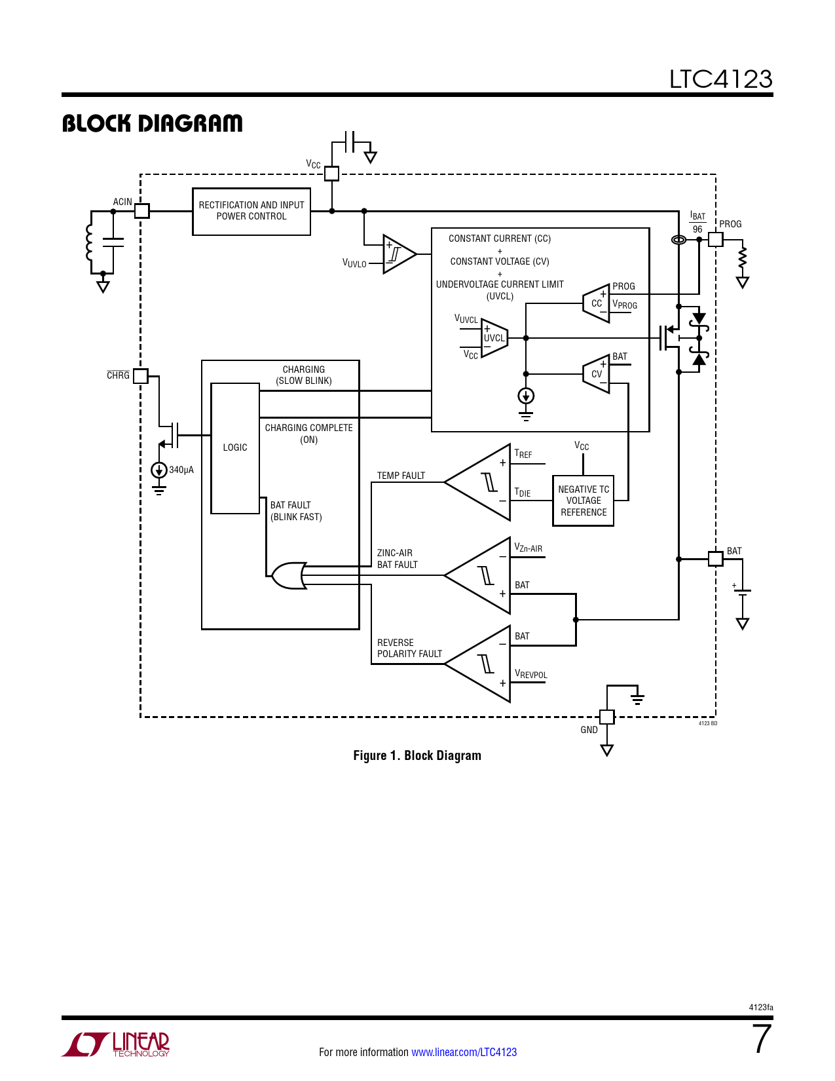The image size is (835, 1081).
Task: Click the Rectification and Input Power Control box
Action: pyautogui.click(x=251, y=211)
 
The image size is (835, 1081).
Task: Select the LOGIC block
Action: pyautogui.click(x=235, y=447)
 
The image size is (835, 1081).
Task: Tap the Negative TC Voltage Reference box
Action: pyautogui.click(x=584, y=501)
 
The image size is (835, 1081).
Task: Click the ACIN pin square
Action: pyautogui.click(x=142, y=211)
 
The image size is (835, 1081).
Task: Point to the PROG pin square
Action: pyautogui.click(x=716, y=239)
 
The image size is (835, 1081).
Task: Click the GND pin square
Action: pyautogui.click(x=607, y=717)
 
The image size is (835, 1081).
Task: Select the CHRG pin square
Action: pyautogui.click(x=141, y=376)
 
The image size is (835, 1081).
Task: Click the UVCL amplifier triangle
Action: pyautogui.click(x=494, y=338)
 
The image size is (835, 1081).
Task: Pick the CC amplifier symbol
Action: pyautogui.click(x=597, y=303)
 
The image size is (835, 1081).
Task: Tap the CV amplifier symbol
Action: pyautogui.click(x=597, y=374)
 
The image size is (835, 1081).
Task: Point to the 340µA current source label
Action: pyautogui.click(x=181, y=470)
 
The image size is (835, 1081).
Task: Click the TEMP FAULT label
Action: pyautogui.click(x=401, y=476)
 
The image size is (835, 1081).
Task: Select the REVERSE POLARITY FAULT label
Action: pyautogui.click(x=409, y=649)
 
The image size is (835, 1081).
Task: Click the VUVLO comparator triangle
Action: pyautogui.click(x=398, y=254)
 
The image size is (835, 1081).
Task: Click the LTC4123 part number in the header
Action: pyautogui.click(x=720, y=79)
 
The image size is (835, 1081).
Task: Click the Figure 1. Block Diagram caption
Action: pyautogui.click(x=417, y=755)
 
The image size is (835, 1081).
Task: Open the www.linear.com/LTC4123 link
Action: pyautogui.click(x=464, y=1052)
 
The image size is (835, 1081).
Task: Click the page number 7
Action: pyautogui.click(x=762, y=1040)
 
